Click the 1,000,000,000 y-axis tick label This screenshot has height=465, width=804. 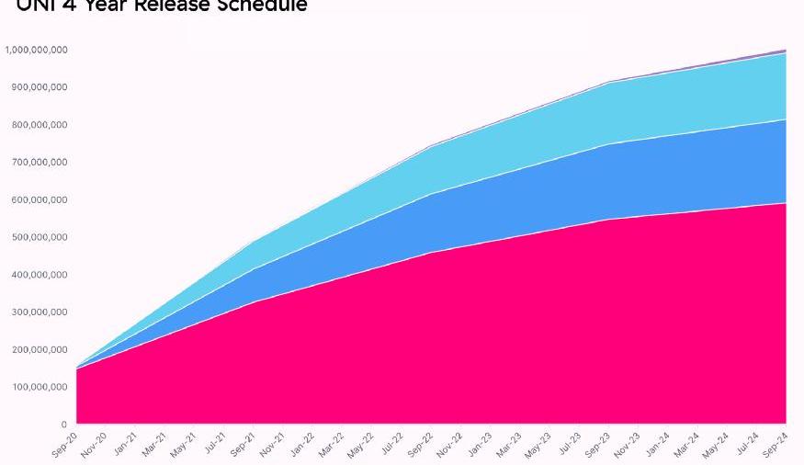[x=36, y=50]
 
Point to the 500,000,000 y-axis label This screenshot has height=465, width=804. [x=40, y=237]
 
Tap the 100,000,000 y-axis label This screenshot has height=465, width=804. [x=40, y=387]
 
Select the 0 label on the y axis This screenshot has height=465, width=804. [x=63, y=425]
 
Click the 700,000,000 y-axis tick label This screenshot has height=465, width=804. [x=40, y=162]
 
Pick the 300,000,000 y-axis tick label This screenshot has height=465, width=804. [x=40, y=312]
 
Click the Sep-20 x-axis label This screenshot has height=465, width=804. [x=64, y=445]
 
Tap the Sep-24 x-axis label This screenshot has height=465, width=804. [x=776, y=445]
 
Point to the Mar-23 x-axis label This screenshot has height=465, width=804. [x=509, y=446]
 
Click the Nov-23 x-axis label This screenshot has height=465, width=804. [x=627, y=446]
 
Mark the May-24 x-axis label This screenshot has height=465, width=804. [x=716, y=446]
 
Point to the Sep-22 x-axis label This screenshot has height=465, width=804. [x=420, y=446]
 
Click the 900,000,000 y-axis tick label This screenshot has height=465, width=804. [x=40, y=87]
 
